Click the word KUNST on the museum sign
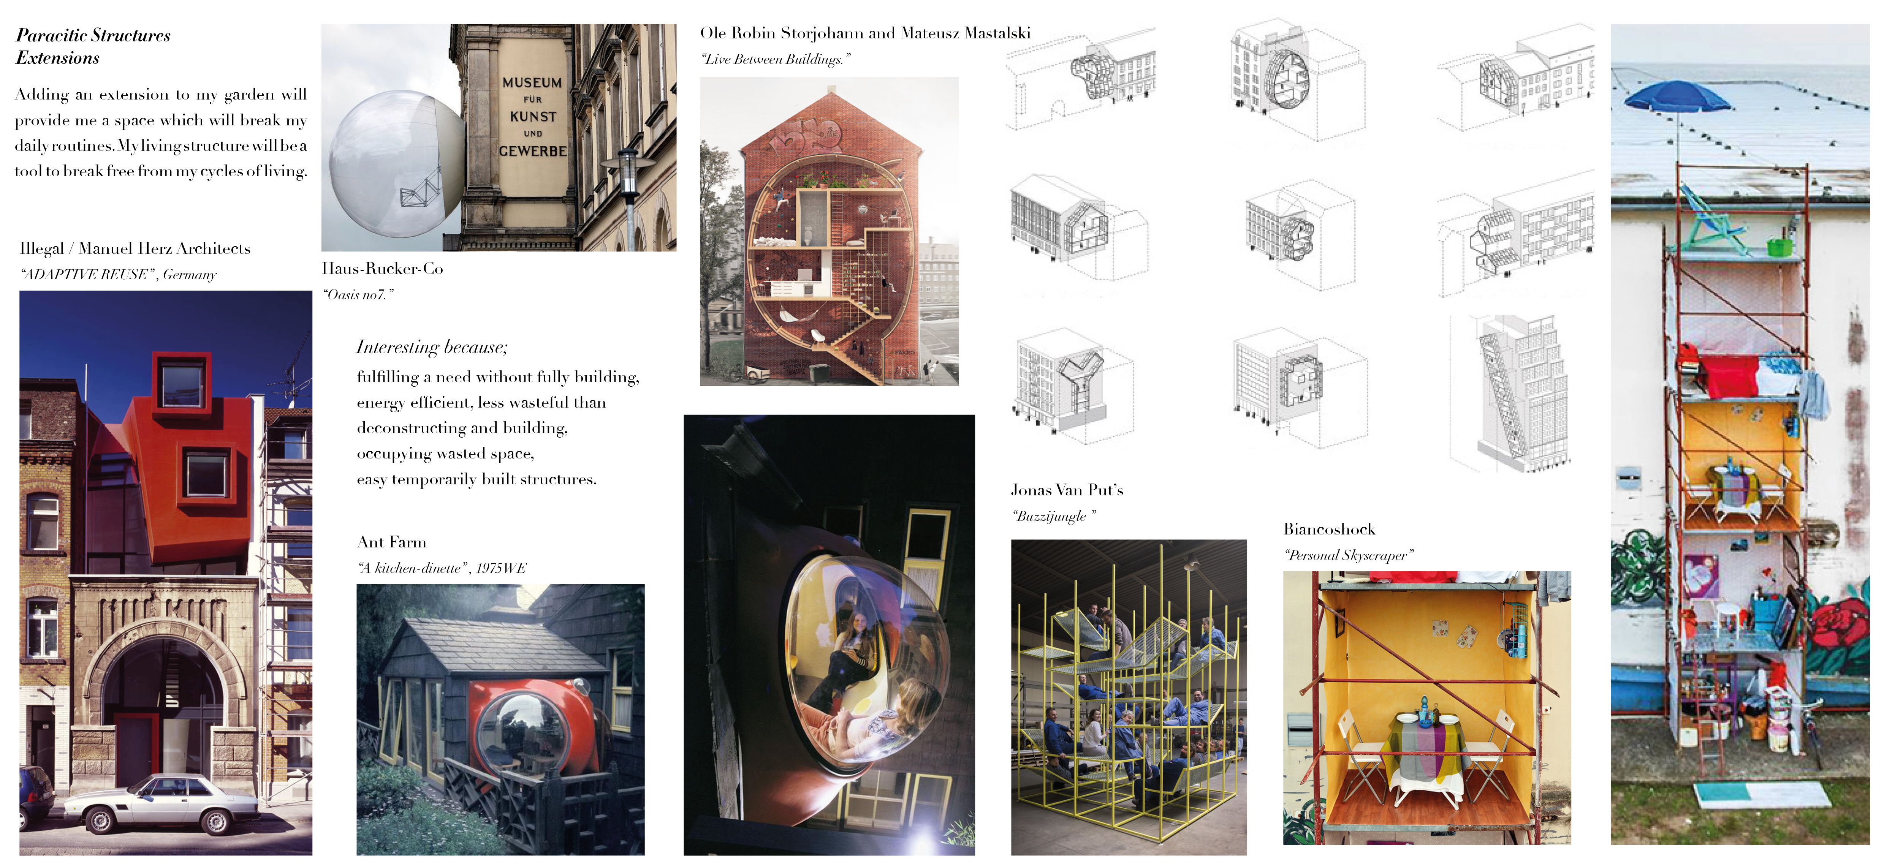[x=533, y=117]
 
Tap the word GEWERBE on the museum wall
[x=533, y=151]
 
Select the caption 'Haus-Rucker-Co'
[x=382, y=269]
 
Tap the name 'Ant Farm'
[x=391, y=542]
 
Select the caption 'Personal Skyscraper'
[x=1348, y=555]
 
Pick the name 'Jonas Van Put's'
[x=1067, y=490]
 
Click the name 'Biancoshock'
[x=1330, y=529]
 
